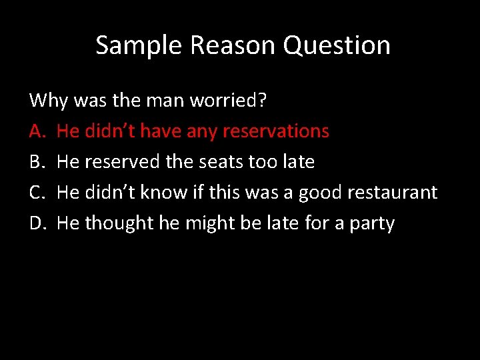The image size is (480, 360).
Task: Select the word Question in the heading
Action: [337, 45]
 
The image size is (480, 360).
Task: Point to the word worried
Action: [228, 100]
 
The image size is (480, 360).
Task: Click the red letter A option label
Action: [36, 131]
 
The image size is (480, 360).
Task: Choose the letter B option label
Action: [36, 161]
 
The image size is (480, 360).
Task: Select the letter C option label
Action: [36, 192]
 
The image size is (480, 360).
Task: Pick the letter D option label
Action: [37, 223]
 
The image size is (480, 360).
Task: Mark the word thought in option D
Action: [119, 223]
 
